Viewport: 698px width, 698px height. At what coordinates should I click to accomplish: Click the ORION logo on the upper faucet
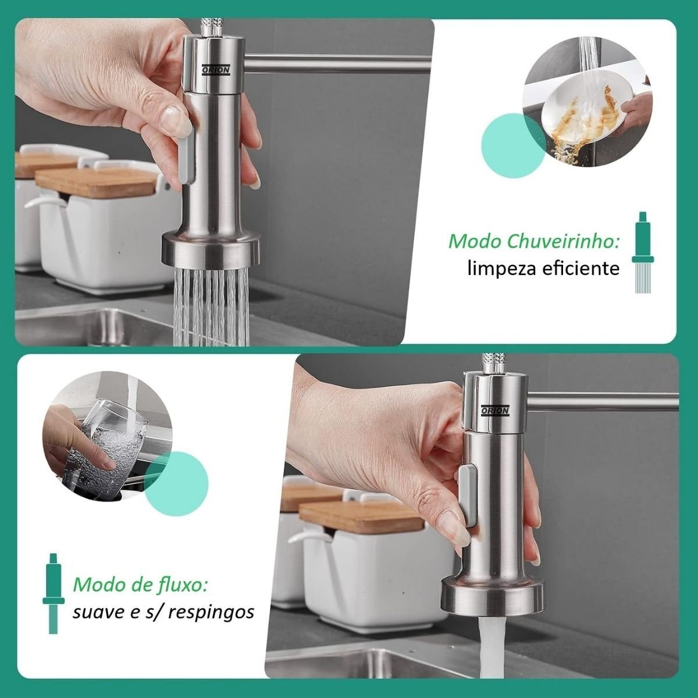[216, 70]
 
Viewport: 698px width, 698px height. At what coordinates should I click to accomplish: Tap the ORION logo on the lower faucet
[495, 411]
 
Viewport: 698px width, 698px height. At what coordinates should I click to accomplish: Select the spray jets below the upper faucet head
[211, 307]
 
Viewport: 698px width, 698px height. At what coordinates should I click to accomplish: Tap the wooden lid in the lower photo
[361, 517]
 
